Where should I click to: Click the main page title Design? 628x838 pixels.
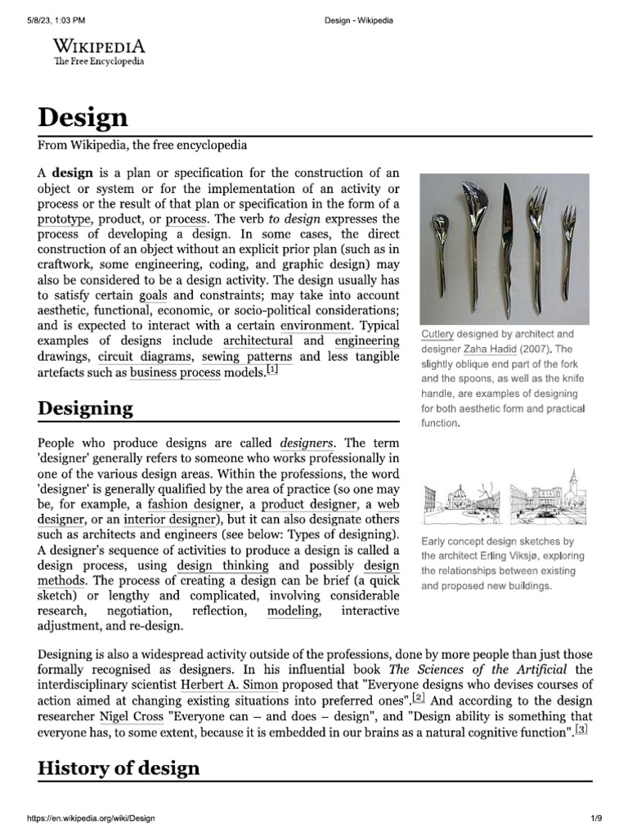83,117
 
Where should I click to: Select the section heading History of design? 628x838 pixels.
119,768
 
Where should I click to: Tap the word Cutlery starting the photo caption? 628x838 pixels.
437,335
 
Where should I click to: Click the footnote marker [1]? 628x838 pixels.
272,371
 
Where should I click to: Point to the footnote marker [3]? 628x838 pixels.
581,729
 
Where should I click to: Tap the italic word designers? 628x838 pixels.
307,443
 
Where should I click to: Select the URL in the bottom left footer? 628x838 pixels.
91,818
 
